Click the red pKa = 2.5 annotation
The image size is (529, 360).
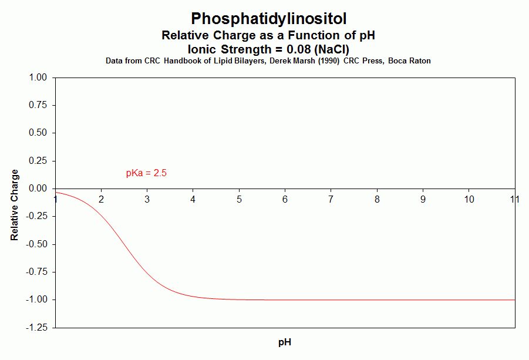(146, 173)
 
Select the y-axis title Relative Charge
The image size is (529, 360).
(15, 205)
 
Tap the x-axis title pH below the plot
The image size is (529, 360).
(285, 342)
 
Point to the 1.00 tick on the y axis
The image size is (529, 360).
(38, 77)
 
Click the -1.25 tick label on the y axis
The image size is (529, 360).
(37, 328)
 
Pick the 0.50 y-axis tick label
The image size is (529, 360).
(38, 133)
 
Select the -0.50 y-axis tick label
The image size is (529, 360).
(37, 244)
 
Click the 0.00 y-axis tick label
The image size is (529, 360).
(38, 189)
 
